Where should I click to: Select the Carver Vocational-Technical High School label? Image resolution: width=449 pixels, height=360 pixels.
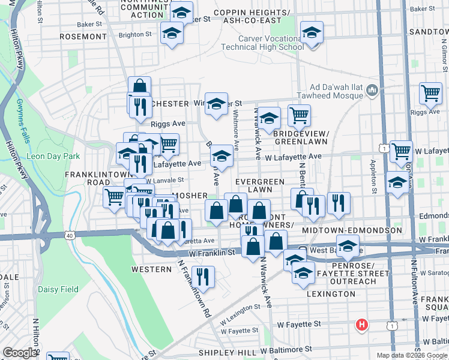coord(271,43)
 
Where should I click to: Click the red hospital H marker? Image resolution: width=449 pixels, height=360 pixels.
coord(361,325)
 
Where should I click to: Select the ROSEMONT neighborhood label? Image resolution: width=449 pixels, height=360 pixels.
coord(83,37)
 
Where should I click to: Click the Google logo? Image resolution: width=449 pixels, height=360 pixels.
coord(20,353)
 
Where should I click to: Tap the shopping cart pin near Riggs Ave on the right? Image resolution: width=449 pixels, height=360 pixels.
coord(430,94)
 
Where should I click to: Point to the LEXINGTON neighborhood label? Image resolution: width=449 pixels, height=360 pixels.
coord(331,294)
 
